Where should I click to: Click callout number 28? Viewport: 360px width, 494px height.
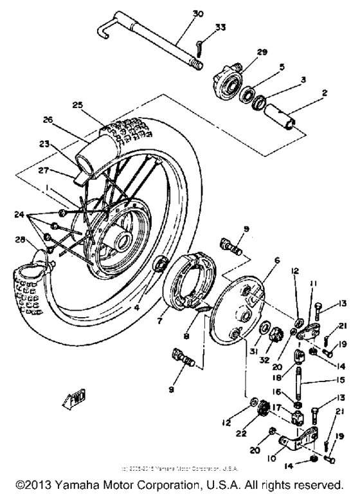(x=21, y=241)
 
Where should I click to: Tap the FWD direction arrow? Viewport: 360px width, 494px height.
(x=75, y=400)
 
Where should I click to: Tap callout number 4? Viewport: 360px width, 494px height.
(x=138, y=307)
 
